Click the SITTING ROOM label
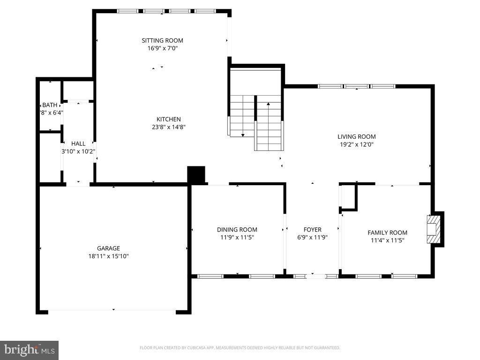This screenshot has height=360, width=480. [162, 40]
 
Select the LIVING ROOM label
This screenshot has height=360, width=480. [356, 137]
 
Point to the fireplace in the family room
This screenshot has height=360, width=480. [435, 229]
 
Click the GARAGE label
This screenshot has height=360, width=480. [108, 248]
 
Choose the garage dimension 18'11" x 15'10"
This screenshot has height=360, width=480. [108, 256]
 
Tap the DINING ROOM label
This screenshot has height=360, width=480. [237, 230]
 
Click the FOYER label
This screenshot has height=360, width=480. [312, 230]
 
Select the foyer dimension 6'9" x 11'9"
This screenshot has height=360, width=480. [312, 237]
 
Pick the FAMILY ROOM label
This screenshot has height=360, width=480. [387, 232]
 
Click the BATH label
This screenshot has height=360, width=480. [49, 105]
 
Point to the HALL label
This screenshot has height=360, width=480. [78, 143]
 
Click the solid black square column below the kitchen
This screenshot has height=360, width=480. [196, 175]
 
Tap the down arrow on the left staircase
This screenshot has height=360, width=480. [243, 135]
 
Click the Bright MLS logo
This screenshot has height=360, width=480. [29, 350]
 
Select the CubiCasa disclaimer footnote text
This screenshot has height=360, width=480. [240, 348]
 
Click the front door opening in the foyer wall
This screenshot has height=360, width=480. [315, 276]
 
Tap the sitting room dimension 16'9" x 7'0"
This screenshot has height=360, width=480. [162, 48]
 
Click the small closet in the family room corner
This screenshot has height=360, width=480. [348, 197]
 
